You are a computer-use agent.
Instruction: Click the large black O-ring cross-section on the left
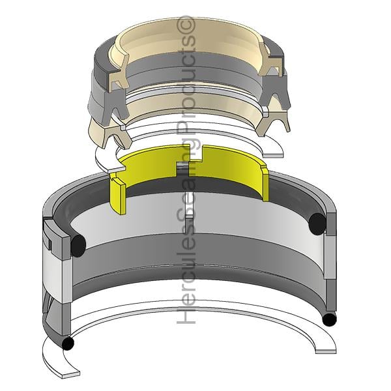pos(78,246)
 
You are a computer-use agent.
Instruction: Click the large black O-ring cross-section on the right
pos(317,224)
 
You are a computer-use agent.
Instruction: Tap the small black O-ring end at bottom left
pos(68,343)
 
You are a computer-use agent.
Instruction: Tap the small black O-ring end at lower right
pos(329,320)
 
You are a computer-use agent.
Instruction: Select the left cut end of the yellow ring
pos(117,195)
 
